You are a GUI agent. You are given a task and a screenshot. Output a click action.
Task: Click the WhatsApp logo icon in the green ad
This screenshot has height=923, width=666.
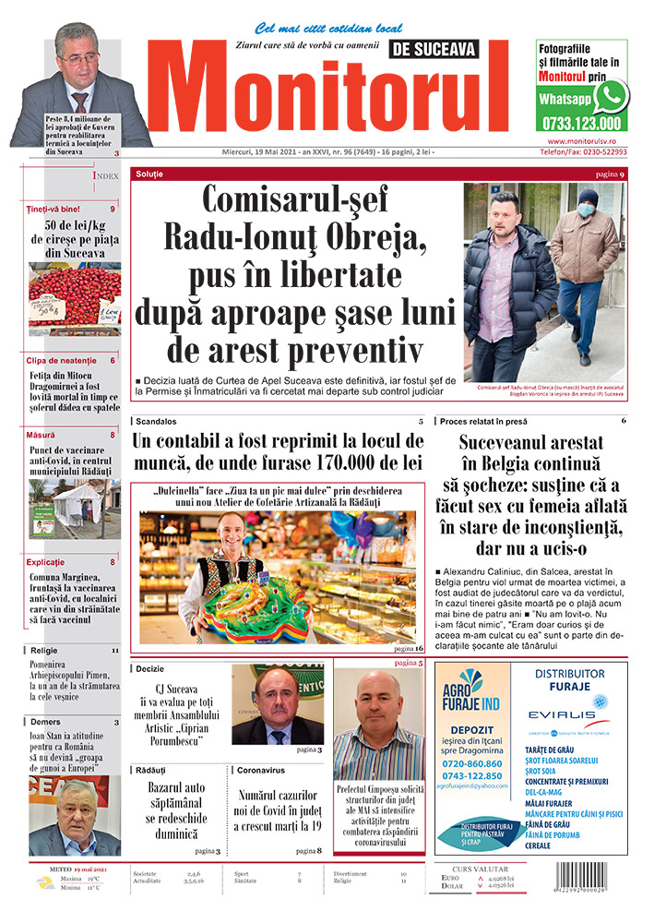coord(611,95)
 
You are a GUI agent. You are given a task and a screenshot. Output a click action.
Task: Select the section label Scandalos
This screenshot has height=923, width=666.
coord(156,421)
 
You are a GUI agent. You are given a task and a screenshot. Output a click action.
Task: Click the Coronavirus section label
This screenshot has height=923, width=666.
coord(262,768)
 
